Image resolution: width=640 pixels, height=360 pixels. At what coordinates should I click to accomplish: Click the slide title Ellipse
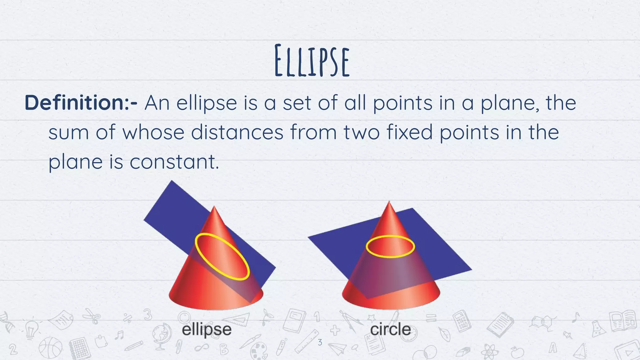312,61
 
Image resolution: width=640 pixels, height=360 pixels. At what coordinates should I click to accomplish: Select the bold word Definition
74,103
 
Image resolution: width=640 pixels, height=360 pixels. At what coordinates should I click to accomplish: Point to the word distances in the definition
237,132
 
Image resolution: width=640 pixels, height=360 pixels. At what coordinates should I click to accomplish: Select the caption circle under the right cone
390,329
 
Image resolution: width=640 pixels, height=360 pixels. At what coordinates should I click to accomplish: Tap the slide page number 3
320,342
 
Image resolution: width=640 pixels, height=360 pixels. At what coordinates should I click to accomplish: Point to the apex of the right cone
389,202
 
